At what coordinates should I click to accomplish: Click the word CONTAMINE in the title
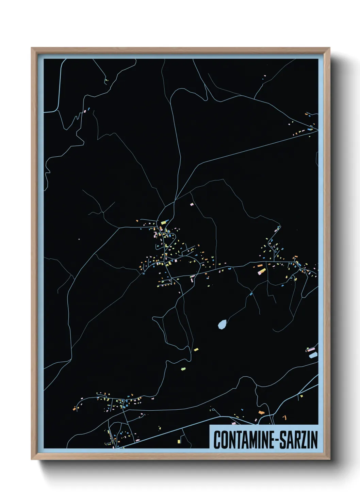244,440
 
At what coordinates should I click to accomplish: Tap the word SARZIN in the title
299,440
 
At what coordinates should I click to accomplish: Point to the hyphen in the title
277,440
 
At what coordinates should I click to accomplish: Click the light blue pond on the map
222,324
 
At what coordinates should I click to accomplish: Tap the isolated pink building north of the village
192,204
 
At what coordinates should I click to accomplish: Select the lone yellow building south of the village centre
196,349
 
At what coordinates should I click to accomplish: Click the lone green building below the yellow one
183,368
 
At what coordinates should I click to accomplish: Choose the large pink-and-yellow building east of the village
261,271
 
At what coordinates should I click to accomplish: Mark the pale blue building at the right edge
313,355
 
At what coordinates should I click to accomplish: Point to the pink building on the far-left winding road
85,111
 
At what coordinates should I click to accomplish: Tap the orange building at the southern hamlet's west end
74,409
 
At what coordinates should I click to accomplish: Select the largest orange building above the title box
261,412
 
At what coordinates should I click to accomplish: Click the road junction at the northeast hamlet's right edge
317,129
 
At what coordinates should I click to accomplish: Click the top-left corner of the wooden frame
32,48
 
